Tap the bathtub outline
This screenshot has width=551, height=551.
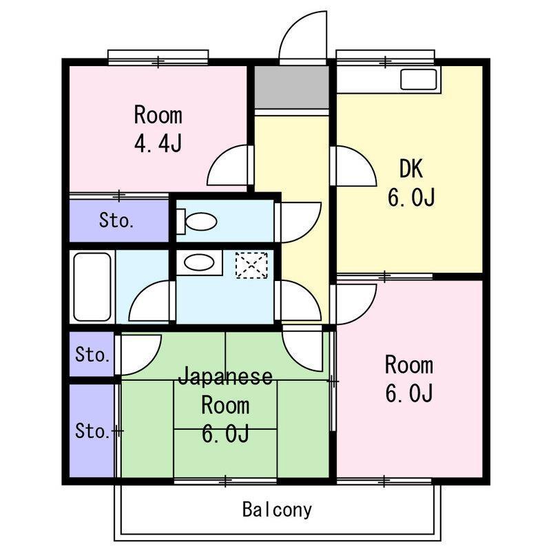click(x=92, y=287)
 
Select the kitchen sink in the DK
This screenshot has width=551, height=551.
click(x=419, y=79)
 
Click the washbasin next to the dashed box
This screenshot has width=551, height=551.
click(x=199, y=262)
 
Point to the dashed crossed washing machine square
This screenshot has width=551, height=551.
click(x=251, y=265)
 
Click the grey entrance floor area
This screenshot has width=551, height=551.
click(x=291, y=87)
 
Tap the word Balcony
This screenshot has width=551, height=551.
click(x=277, y=510)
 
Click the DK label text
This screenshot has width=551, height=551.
click(x=410, y=169)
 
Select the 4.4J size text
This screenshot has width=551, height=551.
click(x=158, y=143)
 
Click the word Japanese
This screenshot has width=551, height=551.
click(x=225, y=376)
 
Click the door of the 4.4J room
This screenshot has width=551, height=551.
click(x=229, y=165)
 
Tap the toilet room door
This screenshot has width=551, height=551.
click(x=299, y=222)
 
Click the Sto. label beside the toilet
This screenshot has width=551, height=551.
click(x=116, y=220)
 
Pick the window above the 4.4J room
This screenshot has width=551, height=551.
click(x=158, y=58)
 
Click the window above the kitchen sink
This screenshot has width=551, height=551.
click(x=385, y=58)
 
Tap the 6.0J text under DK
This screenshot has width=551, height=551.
click(x=411, y=197)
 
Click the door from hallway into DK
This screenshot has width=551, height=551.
click(x=353, y=166)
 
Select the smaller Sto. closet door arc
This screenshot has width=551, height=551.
click(x=139, y=355)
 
